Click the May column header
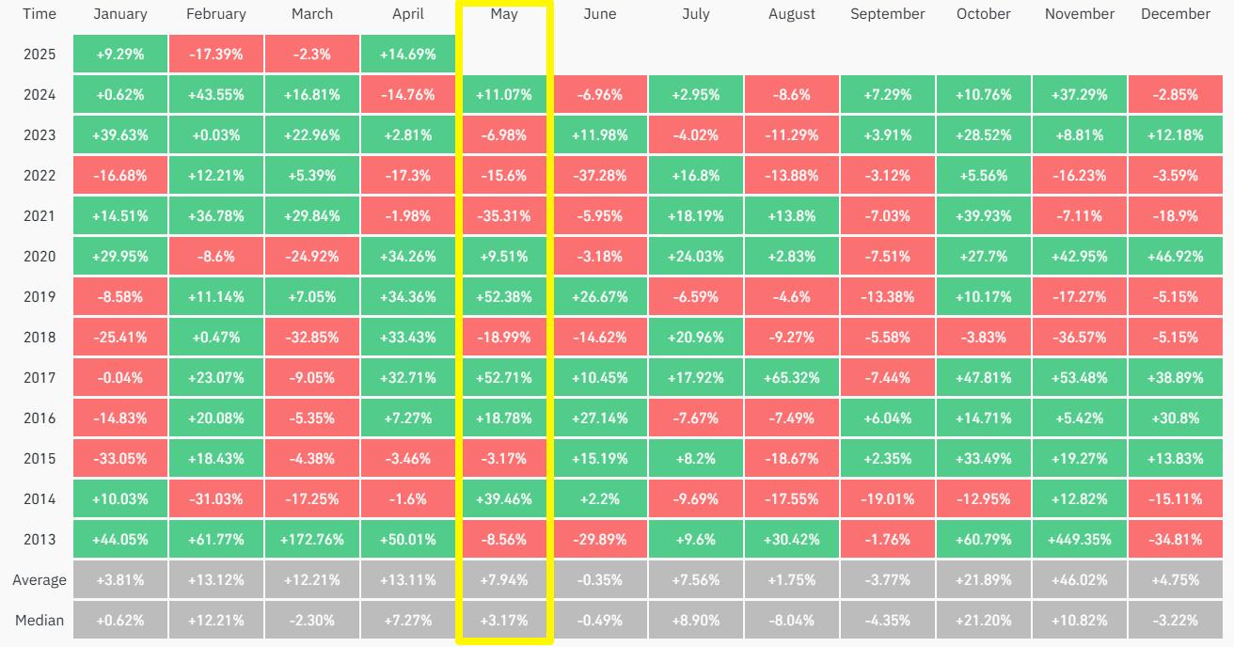[x=504, y=14]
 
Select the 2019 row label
[x=40, y=297]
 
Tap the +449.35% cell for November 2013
[x=1079, y=540]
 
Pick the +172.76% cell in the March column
[x=312, y=540]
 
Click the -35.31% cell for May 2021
[x=504, y=216]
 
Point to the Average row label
[x=40, y=580]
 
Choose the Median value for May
[x=504, y=621]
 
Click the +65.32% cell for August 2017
[x=792, y=378]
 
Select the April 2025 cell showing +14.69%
[x=408, y=55]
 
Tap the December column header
[x=1175, y=14]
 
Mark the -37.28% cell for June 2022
[x=600, y=176]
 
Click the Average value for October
[x=983, y=580]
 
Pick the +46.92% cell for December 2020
[x=1175, y=257]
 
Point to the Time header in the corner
[x=40, y=14]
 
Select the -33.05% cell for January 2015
[x=120, y=459]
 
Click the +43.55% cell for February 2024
[x=216, y=95]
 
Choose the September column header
[x=887, y=14]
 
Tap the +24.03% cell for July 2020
[x=696, y=257]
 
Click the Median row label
[x=40, y=621]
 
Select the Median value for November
[x=1079, y=621]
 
